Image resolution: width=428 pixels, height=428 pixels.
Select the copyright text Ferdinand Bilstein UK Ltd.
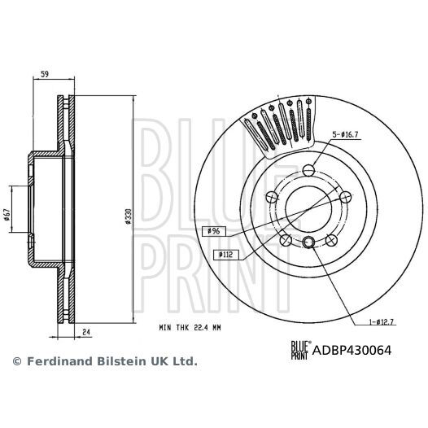click(x=104, y=360)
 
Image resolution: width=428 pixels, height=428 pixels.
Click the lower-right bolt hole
click(x=331, y=240)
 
